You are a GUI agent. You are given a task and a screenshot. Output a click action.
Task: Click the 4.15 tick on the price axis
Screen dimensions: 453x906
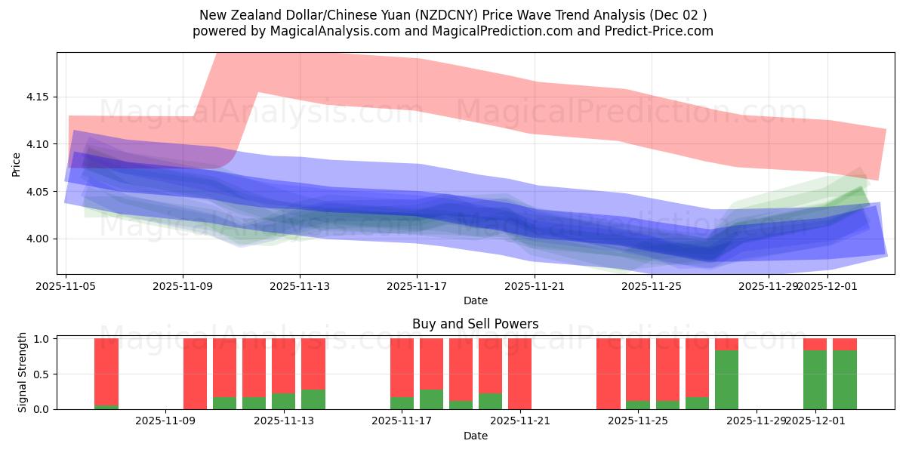tap(38, 97)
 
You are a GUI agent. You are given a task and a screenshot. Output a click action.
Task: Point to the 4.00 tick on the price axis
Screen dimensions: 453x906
tap(38, 239)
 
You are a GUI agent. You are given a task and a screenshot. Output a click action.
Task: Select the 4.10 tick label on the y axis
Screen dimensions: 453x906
tap(38, 144)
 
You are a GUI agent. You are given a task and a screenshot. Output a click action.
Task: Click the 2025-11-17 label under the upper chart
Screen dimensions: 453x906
tap(417, 286)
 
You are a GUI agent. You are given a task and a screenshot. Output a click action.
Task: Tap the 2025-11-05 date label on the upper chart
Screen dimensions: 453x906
tap(66, 286)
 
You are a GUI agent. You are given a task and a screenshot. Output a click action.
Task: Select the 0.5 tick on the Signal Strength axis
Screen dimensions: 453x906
tap(42, 374)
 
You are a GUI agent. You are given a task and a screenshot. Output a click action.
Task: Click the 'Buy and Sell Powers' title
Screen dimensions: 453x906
tap(476, 324)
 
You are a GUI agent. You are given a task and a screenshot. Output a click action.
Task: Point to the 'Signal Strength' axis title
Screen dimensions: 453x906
tap(23, 372)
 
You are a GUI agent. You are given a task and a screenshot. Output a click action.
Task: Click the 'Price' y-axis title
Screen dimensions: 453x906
tap(17, 164)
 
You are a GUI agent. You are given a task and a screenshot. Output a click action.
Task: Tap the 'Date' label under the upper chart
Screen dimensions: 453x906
tap(476, 300)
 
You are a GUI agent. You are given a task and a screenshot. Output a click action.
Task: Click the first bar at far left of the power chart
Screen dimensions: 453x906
tap(106, 374)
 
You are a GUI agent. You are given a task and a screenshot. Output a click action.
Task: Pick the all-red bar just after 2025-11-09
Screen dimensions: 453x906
tap(195, 374)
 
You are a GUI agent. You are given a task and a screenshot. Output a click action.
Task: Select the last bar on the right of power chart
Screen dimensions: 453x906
tap(845, 374)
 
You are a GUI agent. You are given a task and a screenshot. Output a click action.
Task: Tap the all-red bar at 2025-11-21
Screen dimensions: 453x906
tap(519, 374)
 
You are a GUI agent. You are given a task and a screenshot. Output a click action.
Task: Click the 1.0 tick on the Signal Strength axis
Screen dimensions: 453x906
tap(42, 338)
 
